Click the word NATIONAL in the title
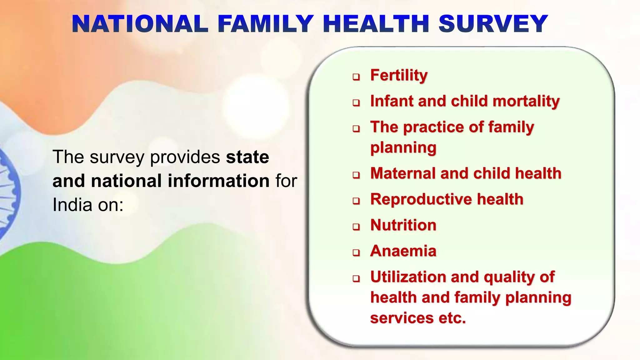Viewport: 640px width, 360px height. [140, 24]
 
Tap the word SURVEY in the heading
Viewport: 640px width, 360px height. [493, 24]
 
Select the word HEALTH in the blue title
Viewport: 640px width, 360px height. [376, 24]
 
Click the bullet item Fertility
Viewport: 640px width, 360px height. [399, 75]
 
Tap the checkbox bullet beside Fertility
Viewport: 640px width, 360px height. [356, 77]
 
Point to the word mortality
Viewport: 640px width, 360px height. [526, 101]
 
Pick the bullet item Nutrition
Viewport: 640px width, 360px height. [403, 225]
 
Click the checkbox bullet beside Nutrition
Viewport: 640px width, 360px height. [356, 227]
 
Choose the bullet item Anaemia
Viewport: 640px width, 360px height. [403, 251]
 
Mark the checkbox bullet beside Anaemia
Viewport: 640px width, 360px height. [356, 253]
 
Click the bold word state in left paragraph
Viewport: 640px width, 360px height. [247, 157]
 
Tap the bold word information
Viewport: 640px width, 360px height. [218, 181]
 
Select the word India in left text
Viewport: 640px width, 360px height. [72, 205]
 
